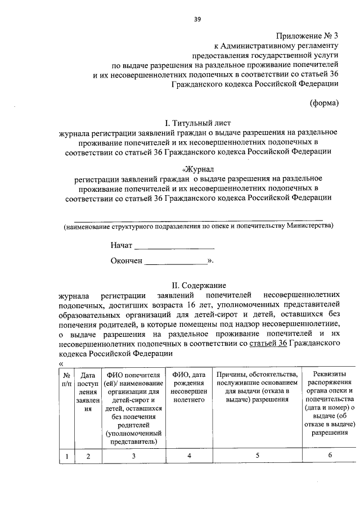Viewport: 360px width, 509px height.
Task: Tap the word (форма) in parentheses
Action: [324, 103]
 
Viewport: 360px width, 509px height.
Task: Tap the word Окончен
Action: [127, 261]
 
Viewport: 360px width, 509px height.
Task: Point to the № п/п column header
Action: [66, 379]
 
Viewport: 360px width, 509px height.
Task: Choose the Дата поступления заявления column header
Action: [88, 392]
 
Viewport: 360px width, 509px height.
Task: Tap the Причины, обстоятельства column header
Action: [256, 388]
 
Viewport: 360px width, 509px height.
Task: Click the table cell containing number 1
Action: [66, 456]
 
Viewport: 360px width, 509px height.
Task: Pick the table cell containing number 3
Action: [133, 456]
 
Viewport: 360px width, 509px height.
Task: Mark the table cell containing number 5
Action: [256, 456]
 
